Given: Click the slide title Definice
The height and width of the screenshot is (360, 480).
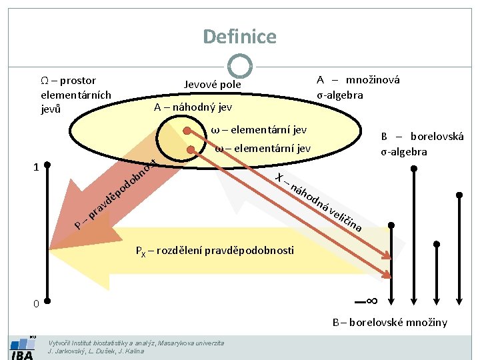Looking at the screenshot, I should [239, 36].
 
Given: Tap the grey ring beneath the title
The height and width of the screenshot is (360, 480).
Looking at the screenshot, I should [239, 66].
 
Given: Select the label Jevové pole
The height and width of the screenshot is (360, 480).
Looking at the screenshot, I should [213, 85].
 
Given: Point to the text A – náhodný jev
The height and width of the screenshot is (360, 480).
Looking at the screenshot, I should [193, 107].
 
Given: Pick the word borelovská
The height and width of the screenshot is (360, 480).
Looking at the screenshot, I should [437, 137].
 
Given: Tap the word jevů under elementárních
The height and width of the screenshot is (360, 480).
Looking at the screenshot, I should [51, 109].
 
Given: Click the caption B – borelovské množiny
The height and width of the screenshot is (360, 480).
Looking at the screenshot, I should [390, 323].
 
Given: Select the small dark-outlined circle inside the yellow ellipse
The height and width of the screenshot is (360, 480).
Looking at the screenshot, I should [175, 143].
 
